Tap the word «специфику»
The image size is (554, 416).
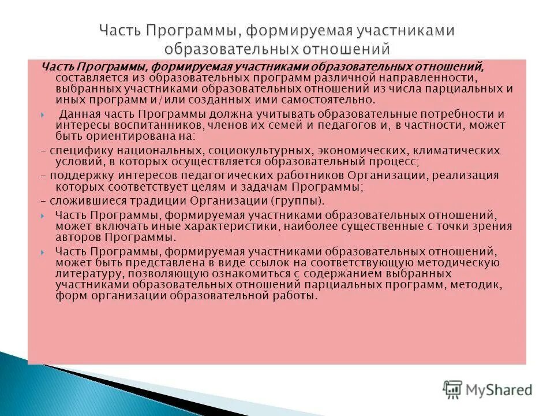[x=77, y=150]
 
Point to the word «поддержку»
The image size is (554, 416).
[x=77, y=175]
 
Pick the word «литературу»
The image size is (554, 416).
[x=87, y=273]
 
